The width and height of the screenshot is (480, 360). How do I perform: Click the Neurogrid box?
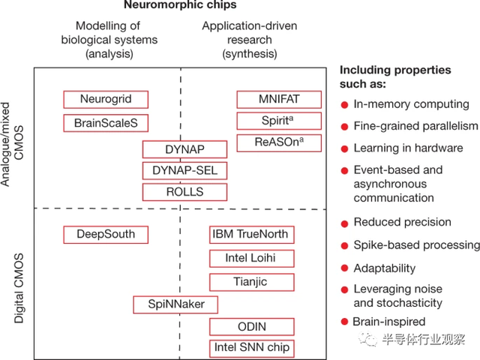point(106,100)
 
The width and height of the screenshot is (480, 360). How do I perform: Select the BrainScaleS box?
point(106,123)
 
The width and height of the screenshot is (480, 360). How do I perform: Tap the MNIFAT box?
point(279,100)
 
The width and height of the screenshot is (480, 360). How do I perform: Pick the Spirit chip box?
point(279,121)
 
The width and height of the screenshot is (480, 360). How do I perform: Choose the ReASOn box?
point(279,143)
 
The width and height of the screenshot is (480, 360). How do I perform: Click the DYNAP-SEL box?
point(185,170)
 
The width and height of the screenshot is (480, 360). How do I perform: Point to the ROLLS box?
point(185,192)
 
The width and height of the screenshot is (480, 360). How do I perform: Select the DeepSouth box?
point(106,235)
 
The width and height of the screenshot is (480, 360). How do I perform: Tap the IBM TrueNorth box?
point(252,235)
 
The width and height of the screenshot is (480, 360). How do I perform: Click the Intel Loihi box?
point(252,258)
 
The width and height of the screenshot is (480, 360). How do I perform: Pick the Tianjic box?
point(252,282)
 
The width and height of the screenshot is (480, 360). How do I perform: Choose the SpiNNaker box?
point(175,304)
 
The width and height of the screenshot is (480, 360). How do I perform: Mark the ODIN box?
point(252,327)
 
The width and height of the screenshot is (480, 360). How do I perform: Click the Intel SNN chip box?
point(252,348)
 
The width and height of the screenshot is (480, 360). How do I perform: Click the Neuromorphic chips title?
point(180,5)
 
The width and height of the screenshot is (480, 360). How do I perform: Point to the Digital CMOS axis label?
point(19,288)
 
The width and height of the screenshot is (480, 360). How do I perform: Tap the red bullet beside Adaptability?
point(344,268)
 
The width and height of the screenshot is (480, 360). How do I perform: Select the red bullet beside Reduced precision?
point(344,223)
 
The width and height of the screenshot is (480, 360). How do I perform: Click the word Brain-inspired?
point(389,322)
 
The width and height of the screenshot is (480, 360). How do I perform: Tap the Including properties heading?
point(395,76)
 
